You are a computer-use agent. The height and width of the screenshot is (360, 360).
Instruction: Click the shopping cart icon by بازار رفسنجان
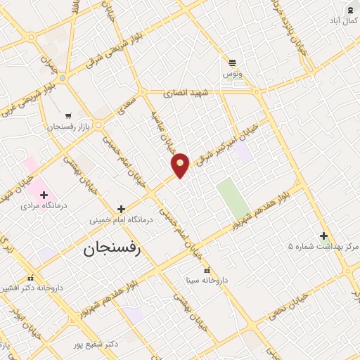(x=68, y=116)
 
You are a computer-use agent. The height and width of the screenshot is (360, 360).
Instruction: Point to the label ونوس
(x=232, y=74)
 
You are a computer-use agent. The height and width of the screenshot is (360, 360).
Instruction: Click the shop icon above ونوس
(x=233, y=62)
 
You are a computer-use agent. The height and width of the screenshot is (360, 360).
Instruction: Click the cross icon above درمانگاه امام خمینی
(x=122, y=209)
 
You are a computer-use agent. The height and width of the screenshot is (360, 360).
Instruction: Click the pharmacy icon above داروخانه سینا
(x=206, y=269)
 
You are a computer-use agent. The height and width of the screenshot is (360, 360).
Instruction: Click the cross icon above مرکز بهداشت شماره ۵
(x=323, y=236)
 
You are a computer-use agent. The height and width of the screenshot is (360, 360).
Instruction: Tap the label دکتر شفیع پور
(x=95, y=345)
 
